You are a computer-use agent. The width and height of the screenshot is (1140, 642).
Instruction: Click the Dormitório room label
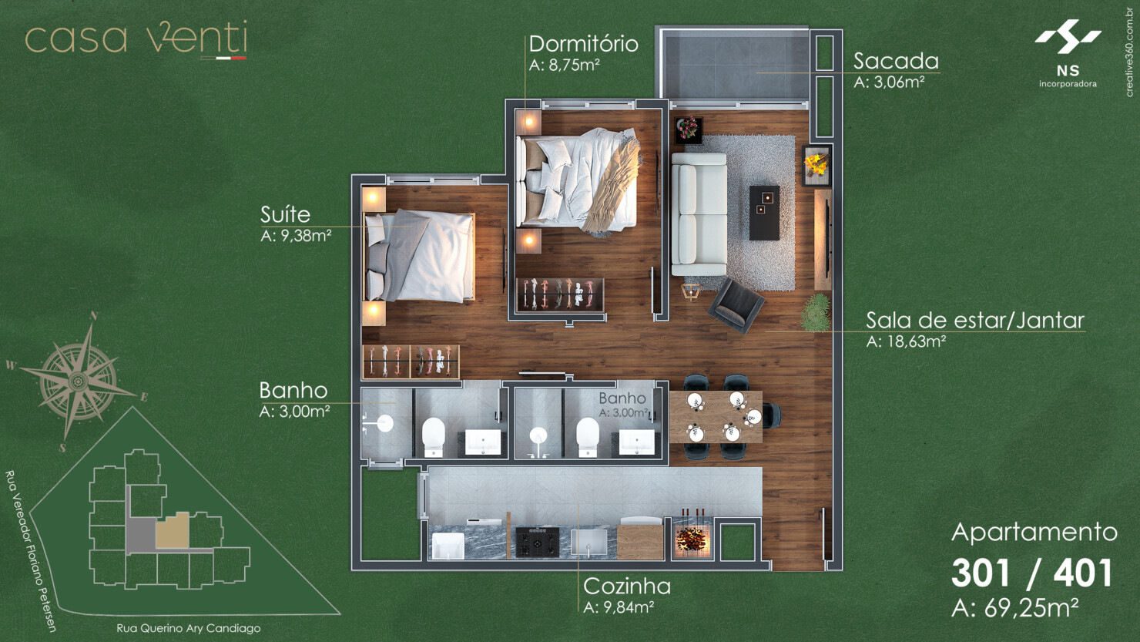pyautogui.click(x=583, y=44)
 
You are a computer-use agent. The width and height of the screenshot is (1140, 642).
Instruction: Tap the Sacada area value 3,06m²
pyautogui.click(x=889, y=82)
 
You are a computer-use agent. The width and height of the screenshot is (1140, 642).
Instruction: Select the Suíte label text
pyautogui.click(x=285, y=214)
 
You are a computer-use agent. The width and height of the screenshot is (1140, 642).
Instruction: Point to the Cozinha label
pyautogui.click(x=626, y=586)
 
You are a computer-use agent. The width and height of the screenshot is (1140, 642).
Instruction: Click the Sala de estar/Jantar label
pyautogui.click(x=974, y=320)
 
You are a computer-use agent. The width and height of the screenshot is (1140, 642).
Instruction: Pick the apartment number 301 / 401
pyautogui.click(x=1032, y=573)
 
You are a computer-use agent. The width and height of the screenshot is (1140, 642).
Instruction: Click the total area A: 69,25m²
pyautogui.click(x=1014, y=608)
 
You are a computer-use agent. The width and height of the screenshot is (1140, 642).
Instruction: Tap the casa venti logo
pyautogui.click(x=136, y=39)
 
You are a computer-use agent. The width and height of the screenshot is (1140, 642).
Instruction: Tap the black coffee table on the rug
pyautogui.click(x=764, y=211)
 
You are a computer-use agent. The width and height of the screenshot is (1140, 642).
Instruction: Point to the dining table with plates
pyautogui.click(x=715, y=417)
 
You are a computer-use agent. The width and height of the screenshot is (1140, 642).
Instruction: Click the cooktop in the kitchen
pyautogui.click(x=537, y=542)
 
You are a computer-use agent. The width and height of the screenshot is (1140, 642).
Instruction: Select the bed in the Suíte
pyautogui.click(x=421, y=256)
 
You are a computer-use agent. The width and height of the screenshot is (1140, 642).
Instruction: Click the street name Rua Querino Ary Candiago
pyautogui.click(x=188, y=628)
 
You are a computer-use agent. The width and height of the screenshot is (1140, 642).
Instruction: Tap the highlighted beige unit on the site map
pyautogui.click(x=173, y=530)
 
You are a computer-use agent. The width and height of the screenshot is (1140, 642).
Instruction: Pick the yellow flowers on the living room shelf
pyautogui.click(x=816, y=164)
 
